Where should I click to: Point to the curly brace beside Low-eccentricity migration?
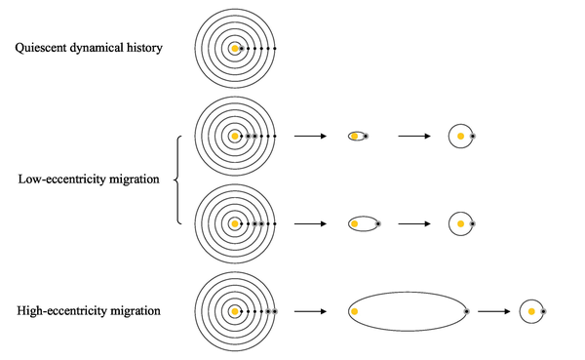point(177,180)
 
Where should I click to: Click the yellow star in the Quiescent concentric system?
point(235,49)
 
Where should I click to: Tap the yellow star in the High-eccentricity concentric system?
point(235,311)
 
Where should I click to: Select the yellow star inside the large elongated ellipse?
point(355,311)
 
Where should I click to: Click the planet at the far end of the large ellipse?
point(467,311)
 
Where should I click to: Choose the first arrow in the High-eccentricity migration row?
point(310,311)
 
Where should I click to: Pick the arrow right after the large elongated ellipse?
point(494,311)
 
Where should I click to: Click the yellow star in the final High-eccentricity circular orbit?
point(531,311)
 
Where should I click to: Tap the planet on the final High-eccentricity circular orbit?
point(543,311)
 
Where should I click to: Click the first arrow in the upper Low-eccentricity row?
point(310,136)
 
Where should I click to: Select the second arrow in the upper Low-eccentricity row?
point(414,136)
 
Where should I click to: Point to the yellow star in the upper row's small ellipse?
point(355,137)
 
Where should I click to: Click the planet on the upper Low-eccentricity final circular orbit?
point(473,137)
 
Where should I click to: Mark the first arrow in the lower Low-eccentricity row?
point(310,223)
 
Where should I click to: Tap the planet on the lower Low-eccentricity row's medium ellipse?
point(378,224)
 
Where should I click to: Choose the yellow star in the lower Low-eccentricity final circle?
point(461,223)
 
